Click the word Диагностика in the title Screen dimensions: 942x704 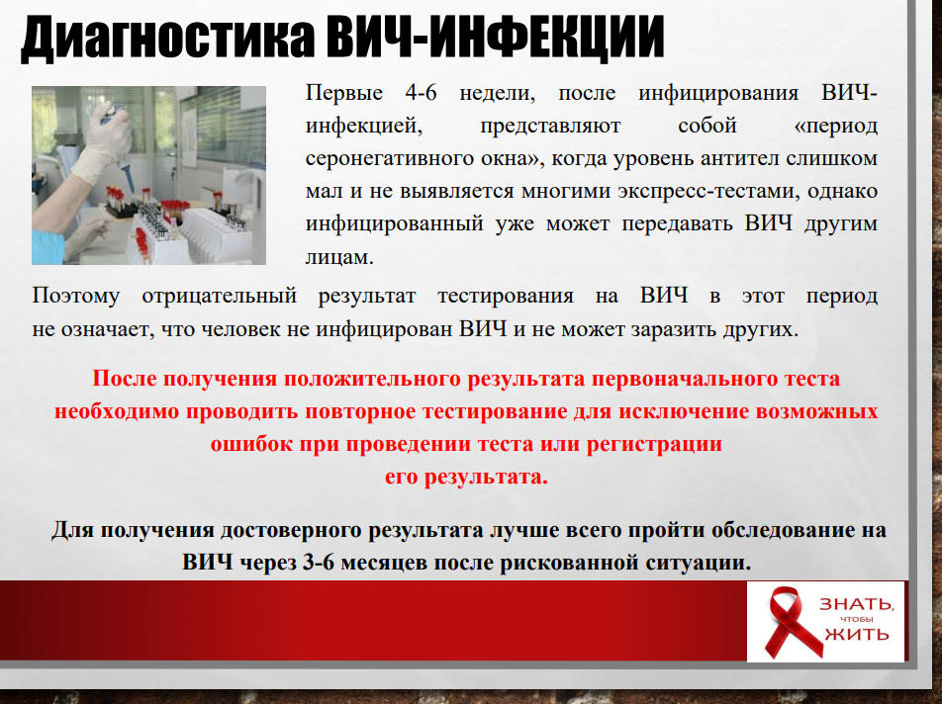pyautogui.click(x=167, y=38)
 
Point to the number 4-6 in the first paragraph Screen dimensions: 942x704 pyautogui.click(x=421, y=93)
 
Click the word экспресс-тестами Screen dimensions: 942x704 pyautogui.click(x=708, y=192)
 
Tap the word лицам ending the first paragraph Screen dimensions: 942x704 pyautogui.click(x=339, y=257)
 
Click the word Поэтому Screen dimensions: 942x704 pyautogui.click(x=75, y=296)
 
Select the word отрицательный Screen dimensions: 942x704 pyautogui.click(x=220, y=296)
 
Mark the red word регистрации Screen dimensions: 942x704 pyautogui.click(x=654, y=445)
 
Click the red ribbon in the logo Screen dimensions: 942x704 pyautogui.click(x=793, y=622)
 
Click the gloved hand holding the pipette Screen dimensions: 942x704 pyautogui.click(x=102, y=142)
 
